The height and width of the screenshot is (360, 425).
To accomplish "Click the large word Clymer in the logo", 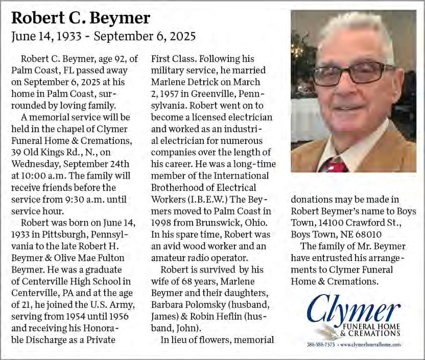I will coord(353,308).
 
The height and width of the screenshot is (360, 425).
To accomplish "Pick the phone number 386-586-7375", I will coord(321,345).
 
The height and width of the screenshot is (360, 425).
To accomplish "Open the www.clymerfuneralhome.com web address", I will coord(370,345).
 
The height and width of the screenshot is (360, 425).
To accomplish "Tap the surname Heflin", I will coord(234,316).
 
